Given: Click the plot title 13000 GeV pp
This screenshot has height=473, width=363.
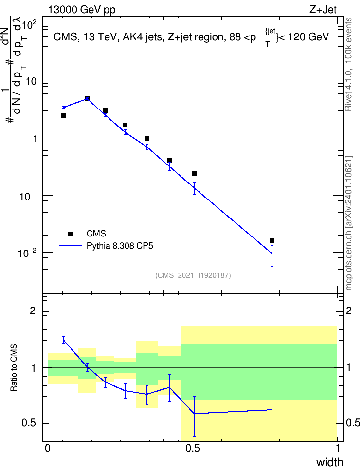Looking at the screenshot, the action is (82, 10).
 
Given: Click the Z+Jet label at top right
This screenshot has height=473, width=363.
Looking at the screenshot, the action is (323, 10).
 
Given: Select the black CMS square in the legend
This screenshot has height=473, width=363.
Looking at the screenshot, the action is (70, 234).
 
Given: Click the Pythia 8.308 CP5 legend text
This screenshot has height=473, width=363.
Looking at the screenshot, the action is (120, 246).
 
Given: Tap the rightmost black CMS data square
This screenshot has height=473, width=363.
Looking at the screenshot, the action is (272, 241).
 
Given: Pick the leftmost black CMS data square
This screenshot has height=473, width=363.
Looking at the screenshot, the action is (63, 116).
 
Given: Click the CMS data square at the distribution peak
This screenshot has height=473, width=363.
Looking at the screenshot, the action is (87, 99).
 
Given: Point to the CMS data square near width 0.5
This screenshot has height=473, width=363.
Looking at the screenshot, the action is (194, 174).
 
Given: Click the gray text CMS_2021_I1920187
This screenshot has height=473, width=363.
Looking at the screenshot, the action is (193, 275).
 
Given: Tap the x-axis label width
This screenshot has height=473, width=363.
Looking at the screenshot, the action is (329, 462).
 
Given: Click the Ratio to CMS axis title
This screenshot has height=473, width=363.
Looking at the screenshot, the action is (14, 368).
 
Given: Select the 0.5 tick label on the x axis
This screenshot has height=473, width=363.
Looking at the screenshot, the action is (193, 448).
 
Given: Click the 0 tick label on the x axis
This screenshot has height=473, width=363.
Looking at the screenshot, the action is (48, 448).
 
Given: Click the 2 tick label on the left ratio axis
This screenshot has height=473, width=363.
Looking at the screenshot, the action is (33, 310).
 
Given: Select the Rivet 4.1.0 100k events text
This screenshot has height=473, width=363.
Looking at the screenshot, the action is (348, 65).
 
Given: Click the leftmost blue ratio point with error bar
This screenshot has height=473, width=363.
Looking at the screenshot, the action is (63, 340).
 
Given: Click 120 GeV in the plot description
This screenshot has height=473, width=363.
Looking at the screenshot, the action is (308, 37).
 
